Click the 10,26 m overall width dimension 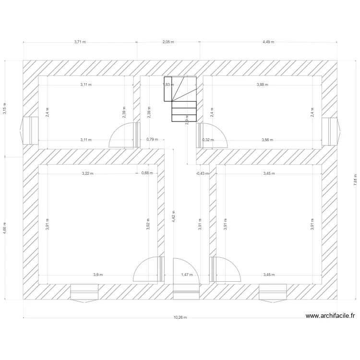point(180,317)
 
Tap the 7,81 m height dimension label point(355,179)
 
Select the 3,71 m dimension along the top point(80,42)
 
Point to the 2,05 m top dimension point(168,42)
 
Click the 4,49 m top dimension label point(268,42)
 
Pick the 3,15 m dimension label point(5,108)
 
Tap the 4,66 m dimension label point(5,228)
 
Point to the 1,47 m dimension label point(186,275)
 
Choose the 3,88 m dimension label point(263,85)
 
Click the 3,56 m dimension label point(267,140)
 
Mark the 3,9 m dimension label point(98,275)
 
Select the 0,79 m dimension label point(152,140)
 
